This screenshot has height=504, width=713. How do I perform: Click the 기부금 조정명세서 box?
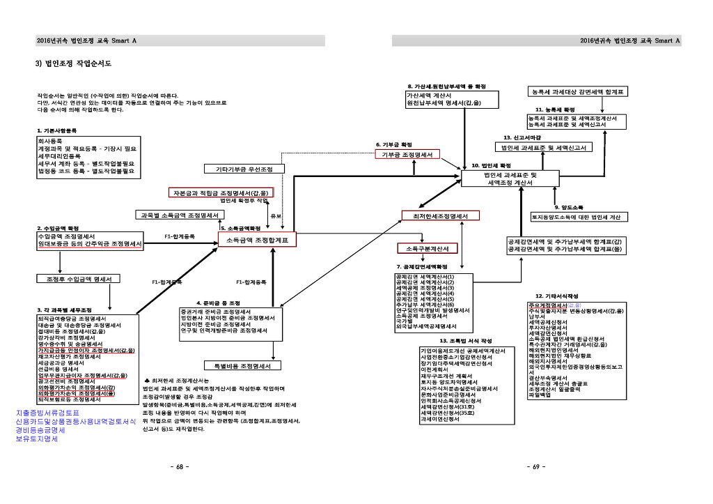[407, 154]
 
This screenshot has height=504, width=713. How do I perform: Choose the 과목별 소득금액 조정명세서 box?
[180, 215]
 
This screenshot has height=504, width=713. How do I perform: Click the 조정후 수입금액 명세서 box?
[78, 279]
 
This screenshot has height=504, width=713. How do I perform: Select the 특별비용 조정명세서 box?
[242, 365]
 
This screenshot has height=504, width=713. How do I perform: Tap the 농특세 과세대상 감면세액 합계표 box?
[577, 91]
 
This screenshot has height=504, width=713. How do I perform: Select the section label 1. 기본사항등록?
[57, 130]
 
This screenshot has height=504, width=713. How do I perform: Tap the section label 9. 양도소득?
[570, 207]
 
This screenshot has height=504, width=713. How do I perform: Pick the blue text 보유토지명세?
[33, 439]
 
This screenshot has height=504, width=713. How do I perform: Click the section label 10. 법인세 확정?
[492, 165]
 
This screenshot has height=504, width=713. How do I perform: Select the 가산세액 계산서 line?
[430, 96]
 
